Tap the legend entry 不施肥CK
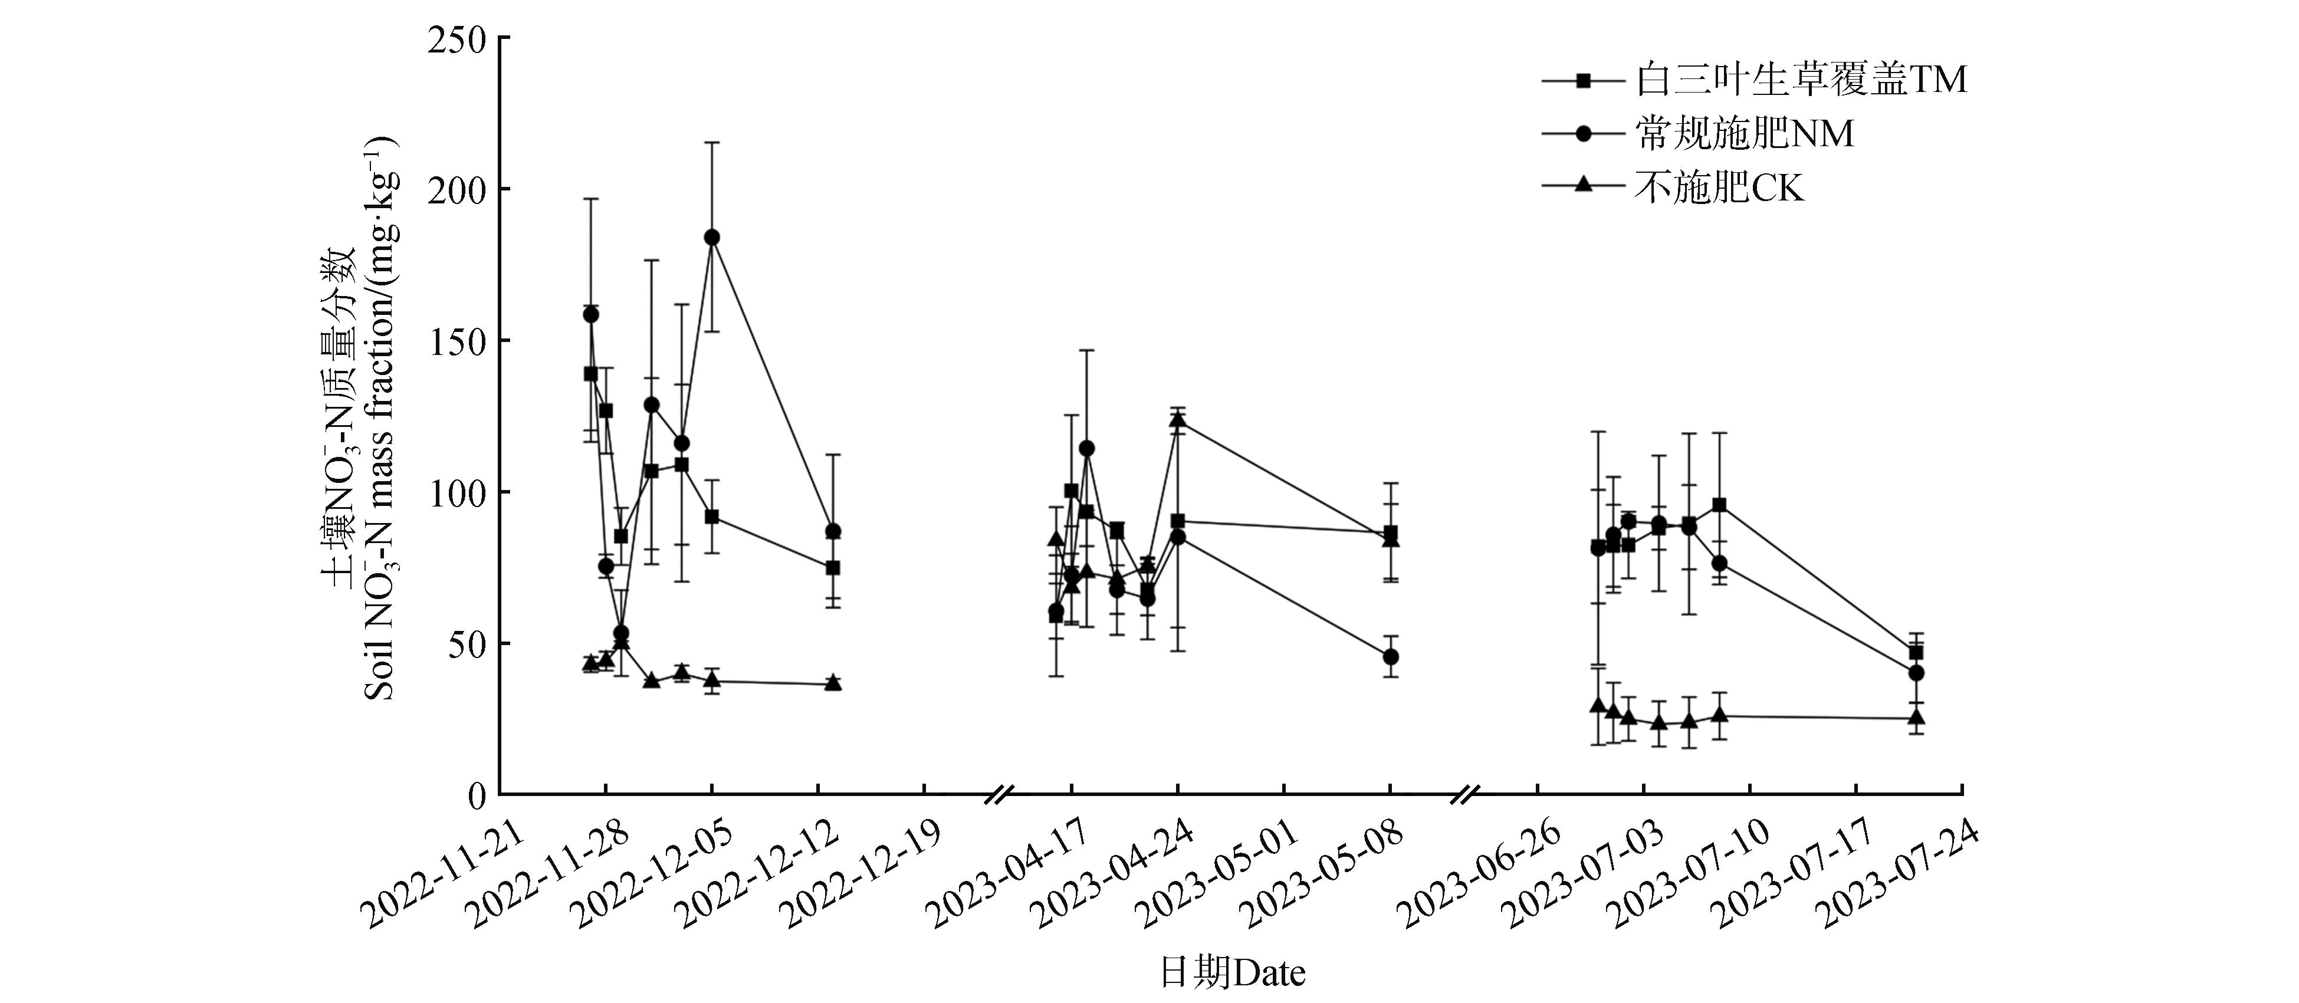[x=1719, y=188]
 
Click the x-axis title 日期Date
[x=1231, y=973]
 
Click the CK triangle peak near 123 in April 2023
[x=1177, y=421]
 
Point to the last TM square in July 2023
[x=1915, y=652]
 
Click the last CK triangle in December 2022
[x=833, y=683]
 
